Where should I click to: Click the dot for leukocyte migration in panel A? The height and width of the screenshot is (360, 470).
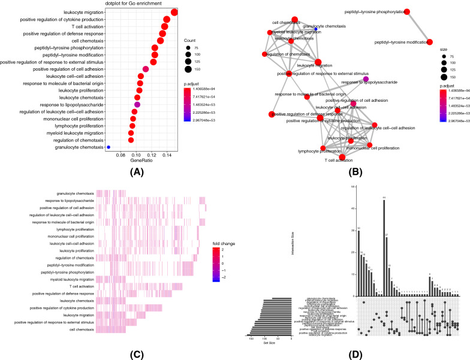click(174, 13)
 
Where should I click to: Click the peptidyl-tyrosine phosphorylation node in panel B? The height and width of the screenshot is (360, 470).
click(406, 12)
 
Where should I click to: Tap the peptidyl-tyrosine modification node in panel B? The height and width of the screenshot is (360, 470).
click(430, 42)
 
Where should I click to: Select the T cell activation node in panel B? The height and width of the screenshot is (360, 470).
click(342, 158)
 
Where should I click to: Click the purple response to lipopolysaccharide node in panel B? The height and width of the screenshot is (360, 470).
click(366, 79)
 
